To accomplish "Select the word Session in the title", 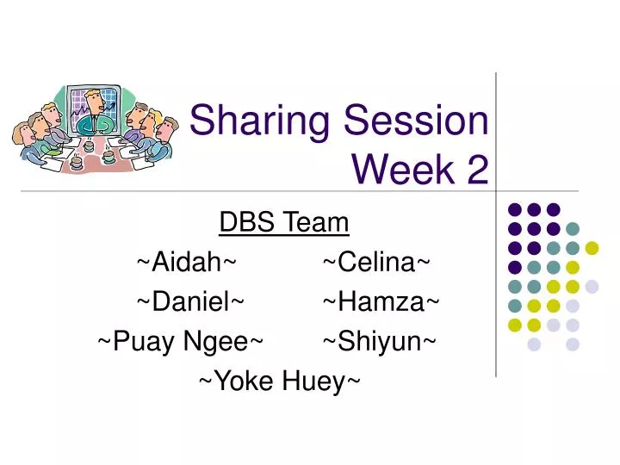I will pyautogui.click(x=418, y=121).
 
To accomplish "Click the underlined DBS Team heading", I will pyautogui.click(x=284, y=223).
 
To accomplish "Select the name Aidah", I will pyautogui.click(x=187, y=262).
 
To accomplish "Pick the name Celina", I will pyautogui.click(x=376, y=262).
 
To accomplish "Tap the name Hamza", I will pyautogui.click(x=381, y=301).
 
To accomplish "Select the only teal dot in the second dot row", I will pyautogui.click(x=573, y=228).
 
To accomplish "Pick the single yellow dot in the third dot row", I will pyautogui.click(x=592, y=248).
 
